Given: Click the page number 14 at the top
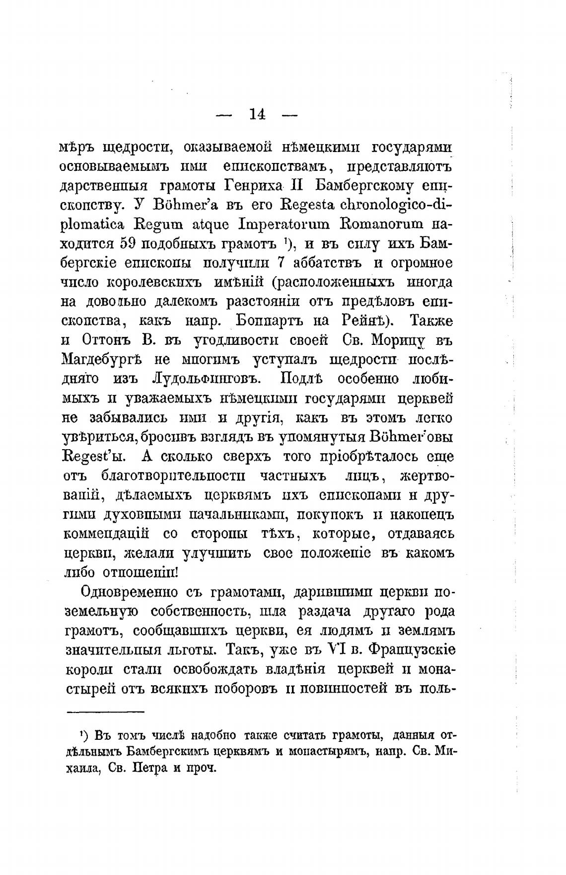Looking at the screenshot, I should pos(257,114).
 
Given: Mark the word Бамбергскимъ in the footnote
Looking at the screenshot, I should pos(178,751).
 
